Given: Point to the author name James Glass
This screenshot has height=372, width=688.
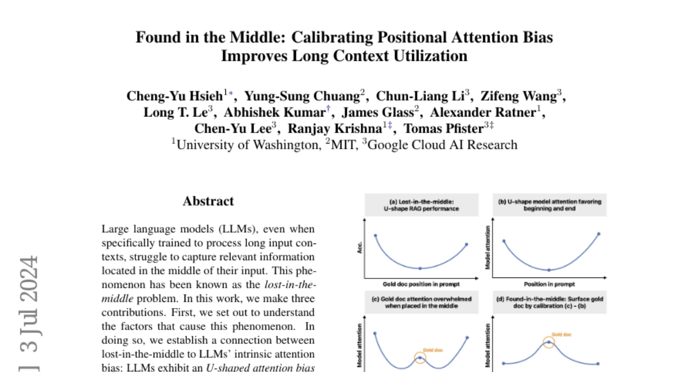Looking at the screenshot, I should tap(380, 112).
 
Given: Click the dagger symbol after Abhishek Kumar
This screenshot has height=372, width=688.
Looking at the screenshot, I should tap(328, 108).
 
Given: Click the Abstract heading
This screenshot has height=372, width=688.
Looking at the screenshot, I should tap(208, 201).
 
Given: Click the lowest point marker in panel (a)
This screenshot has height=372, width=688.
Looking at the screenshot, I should tap(421, 268).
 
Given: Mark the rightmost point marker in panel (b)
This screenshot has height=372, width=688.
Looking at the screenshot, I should tap(599, 234).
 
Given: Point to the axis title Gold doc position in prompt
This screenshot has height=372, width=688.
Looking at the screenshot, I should tap(421, 284).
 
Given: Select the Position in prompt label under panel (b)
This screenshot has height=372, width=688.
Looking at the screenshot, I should tap(549, 284).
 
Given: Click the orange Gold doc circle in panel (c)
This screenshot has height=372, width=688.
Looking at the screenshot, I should tap(420, 358).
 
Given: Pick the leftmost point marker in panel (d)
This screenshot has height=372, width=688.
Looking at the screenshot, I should tap(503, 363).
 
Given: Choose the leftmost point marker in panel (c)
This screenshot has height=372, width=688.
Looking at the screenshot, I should tap(375, 333).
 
